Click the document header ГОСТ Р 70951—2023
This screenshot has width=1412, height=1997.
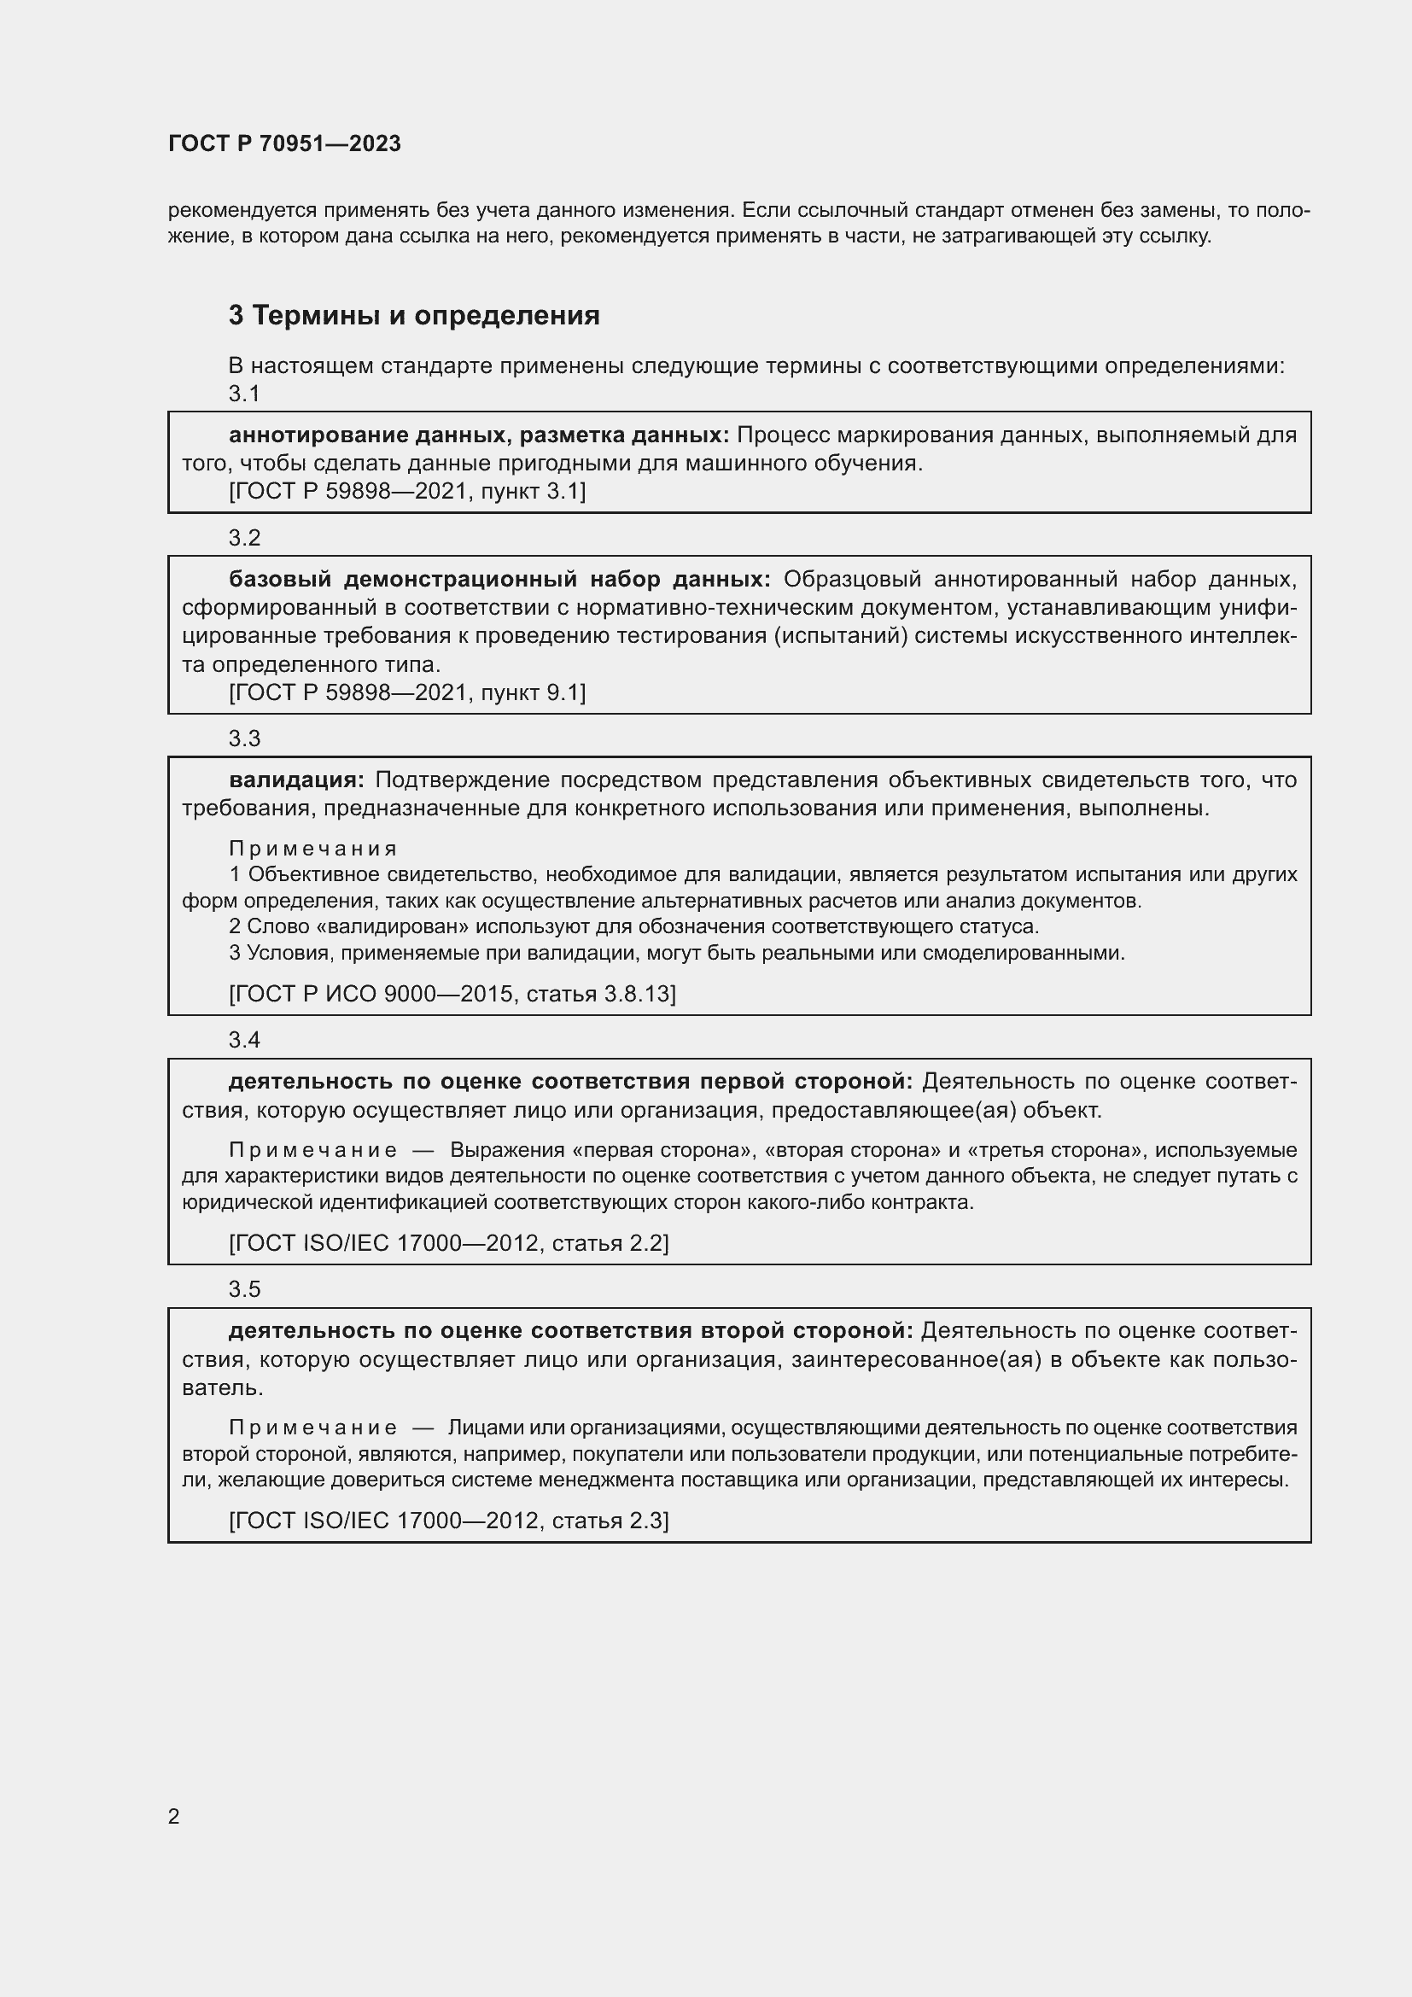pyautogui.click(x=284, y=143)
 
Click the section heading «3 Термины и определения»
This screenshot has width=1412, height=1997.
pyautogui.click(x=414, y=315)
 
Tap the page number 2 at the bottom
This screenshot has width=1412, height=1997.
pyautogui.click(x=174, y=1816)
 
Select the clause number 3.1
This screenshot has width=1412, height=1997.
pyautogui.click(x=244, y=394)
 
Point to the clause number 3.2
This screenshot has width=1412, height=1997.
pyautogui.click(x=244, y=539)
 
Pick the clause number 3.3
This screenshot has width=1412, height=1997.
pyautogui.click(x=244, y=739)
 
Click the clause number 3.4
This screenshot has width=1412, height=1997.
pyautogui.click(x=244, y=1040)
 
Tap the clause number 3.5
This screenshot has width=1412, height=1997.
pyautogui.click(x=244, y=1289)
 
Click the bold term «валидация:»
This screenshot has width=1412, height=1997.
pyautogui.click(x=296, y=780)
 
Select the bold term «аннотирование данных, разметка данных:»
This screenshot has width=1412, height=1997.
pyautogui.click(x=479, y=435)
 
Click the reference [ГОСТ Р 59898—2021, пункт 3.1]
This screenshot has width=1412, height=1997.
pyautogui.click(x=407, y=492)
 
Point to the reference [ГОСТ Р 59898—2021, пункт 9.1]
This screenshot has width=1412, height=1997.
pyautogui.click(x=407, y=692)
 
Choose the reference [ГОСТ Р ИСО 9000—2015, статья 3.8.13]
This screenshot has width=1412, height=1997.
pyautogui.click(x=452, y=993)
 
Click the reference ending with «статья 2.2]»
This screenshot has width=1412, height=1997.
pyautogui.click(x=449, y=1243)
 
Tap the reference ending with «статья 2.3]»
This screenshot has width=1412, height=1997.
pyautogui.click(x=449, y=1521)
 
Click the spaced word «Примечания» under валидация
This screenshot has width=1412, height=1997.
pyautogui.click(x=313, y=848)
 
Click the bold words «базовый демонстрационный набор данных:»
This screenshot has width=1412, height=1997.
pyautogui.click(x=499, y=579)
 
